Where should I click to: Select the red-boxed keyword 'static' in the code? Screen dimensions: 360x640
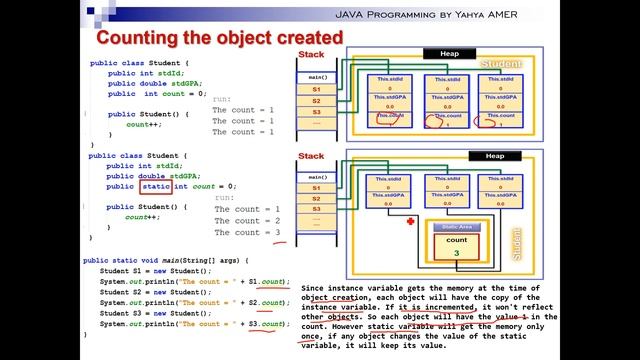[x=156, y=186]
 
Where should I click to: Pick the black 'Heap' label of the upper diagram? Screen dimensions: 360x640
[x=442, y=53]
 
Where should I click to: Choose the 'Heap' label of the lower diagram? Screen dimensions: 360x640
[x=495, y=157]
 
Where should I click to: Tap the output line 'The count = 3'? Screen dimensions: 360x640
[x=248, y=232]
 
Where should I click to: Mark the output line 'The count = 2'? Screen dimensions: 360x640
[x=248, y=220]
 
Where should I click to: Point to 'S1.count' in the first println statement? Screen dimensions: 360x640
[x=267, y=282]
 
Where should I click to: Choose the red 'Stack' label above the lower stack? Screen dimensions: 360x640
[x=311, y=156]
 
